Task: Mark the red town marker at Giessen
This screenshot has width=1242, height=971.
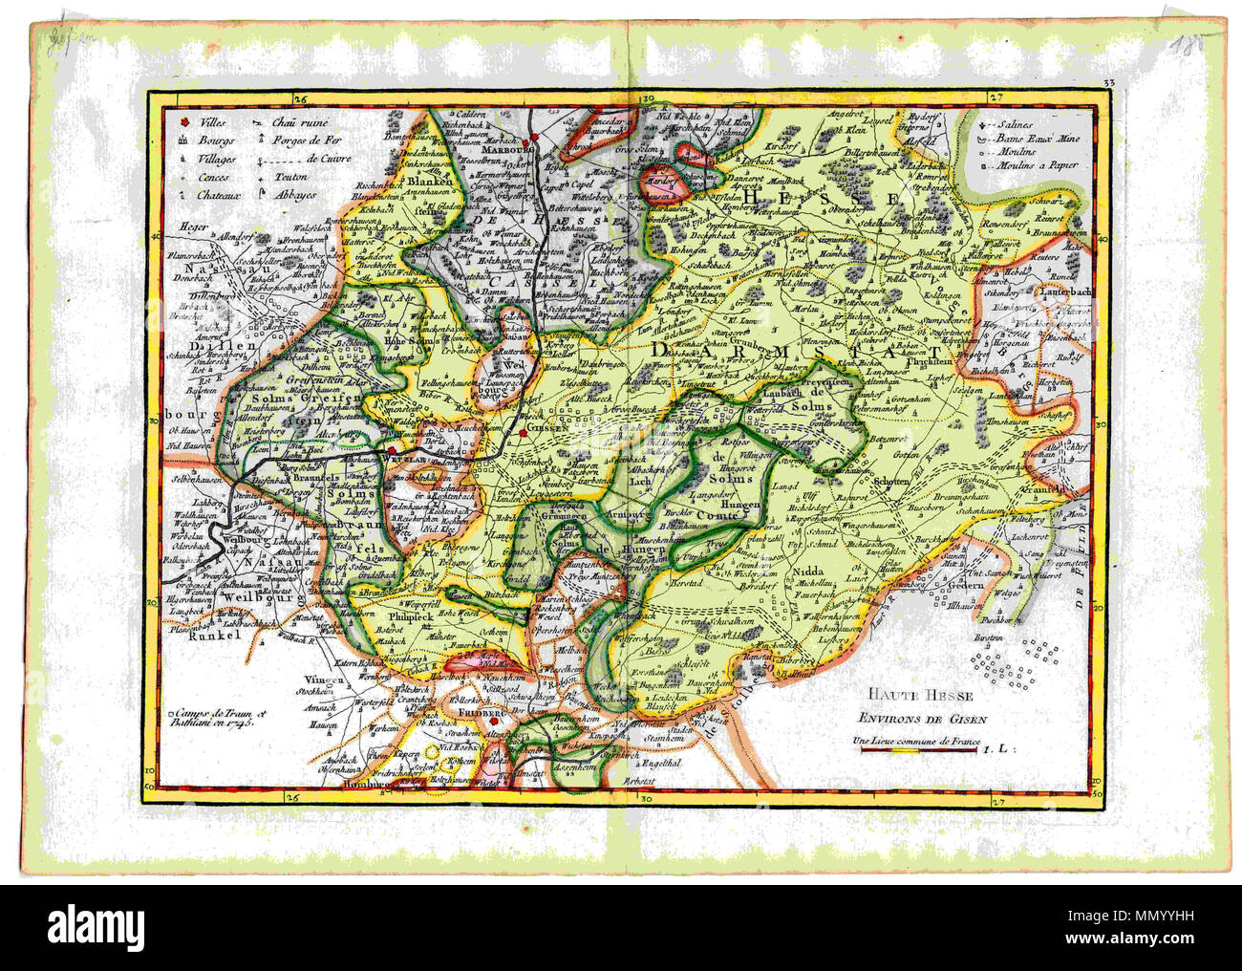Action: point(523,432)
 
